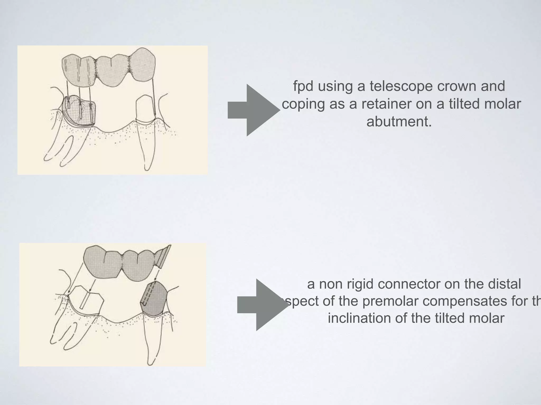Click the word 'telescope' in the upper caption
click(402, 86)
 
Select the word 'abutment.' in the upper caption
click(399, 122)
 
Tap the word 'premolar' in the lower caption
click(391, 301)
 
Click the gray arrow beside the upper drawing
click(254, 110)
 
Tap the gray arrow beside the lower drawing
click(263, 305)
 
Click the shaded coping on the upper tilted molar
click(79, 111)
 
